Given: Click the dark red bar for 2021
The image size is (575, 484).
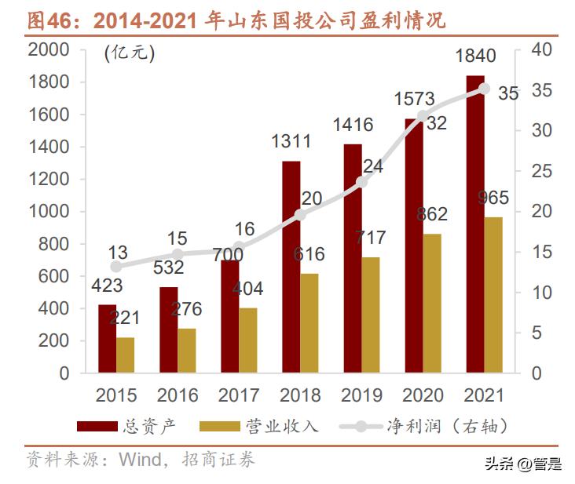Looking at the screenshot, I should tap(474, 224).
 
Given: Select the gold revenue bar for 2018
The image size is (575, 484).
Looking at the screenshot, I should tap(309, 323).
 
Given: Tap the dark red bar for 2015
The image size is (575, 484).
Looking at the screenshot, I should tap(107, 338).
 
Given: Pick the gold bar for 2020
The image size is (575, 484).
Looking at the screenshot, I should tap(432, 303).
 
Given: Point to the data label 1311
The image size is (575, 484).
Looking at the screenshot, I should tap(291, 142).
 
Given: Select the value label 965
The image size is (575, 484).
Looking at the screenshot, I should tap(493, 198).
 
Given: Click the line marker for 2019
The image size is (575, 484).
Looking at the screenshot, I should tap(361, 182).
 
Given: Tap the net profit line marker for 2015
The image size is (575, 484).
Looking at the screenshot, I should tap(116, 267).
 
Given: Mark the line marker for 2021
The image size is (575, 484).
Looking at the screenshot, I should tap(484, 89).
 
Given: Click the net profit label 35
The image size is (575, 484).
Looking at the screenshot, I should tap(508, 93).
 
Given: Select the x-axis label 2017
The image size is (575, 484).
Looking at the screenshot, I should tap(239, 395).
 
